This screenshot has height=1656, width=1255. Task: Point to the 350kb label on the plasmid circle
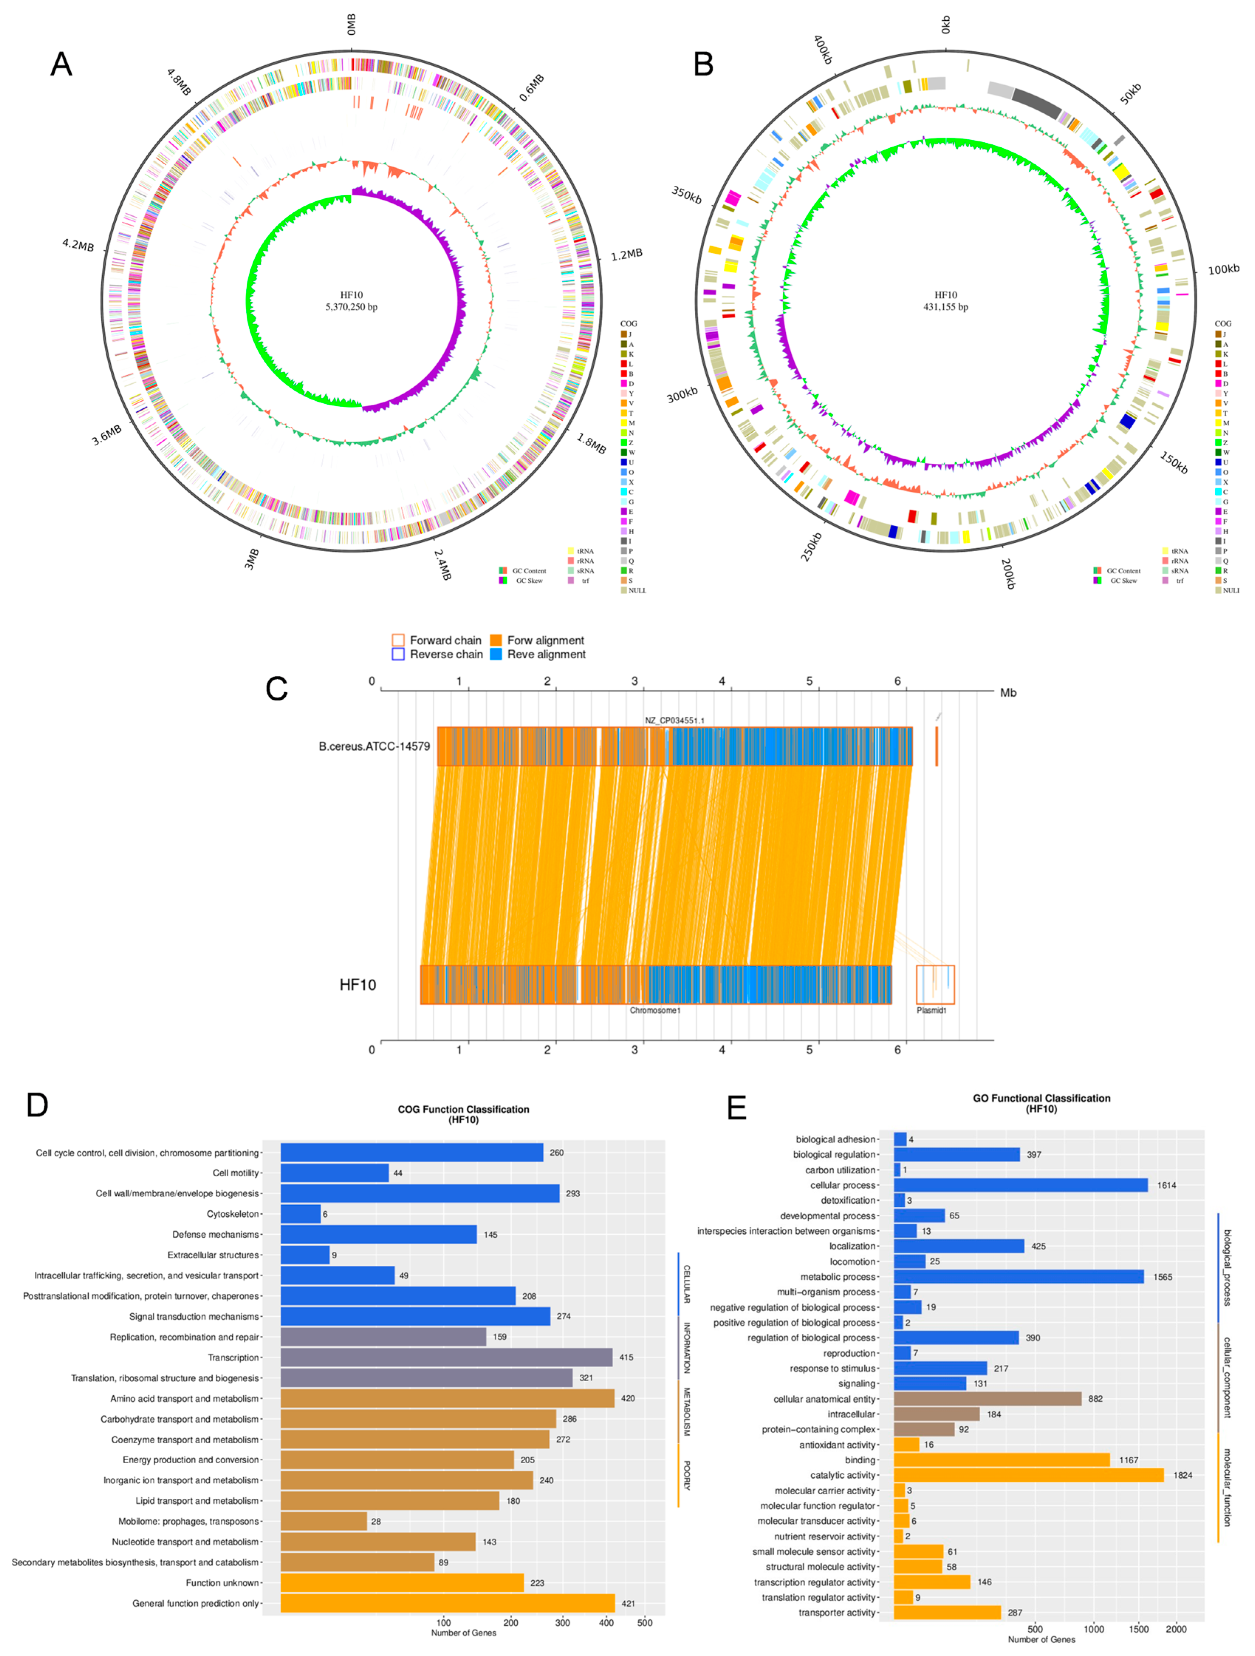pos(686,195)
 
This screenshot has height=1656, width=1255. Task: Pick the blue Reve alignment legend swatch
pos(496,654)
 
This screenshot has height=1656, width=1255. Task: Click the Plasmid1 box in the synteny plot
pos(935,984)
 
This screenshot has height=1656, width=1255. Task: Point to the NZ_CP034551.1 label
pos(674,720)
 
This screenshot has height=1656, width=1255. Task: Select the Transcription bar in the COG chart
pos(446,1357)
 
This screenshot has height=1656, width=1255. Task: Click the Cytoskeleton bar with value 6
pos(301,1214)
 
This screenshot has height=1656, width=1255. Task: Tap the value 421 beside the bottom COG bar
pos(628,1604)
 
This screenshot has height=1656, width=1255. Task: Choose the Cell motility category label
pos(236,1173)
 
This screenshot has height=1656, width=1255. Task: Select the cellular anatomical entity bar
pos(987,1399)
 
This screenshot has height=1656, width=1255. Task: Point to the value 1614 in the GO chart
pos(1166,1185)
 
